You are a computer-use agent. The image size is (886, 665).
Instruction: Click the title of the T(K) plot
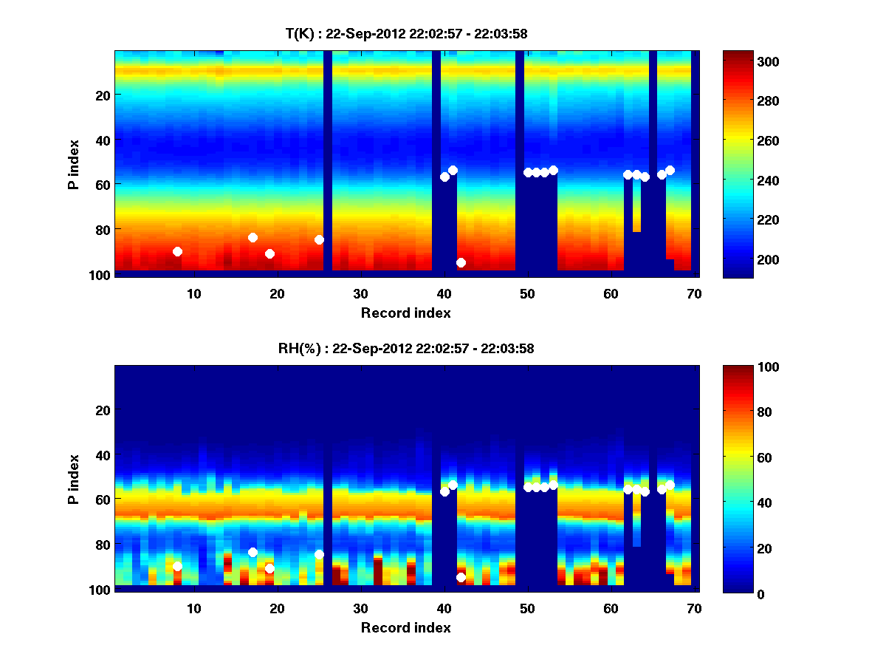point(405,33)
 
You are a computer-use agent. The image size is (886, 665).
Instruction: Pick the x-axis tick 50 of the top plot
point(527,293)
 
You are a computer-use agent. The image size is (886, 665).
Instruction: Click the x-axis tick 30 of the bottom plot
point(360,608)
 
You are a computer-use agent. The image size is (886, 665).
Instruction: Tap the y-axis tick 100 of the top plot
point(100,275)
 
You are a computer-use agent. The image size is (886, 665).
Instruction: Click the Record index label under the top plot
point(405,313)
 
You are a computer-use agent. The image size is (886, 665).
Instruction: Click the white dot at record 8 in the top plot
point(177,251)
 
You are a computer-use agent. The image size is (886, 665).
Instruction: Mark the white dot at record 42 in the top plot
point(461,262)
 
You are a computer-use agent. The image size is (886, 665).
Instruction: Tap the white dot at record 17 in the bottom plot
point(253,552)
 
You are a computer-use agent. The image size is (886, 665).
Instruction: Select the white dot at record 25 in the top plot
point(319,239)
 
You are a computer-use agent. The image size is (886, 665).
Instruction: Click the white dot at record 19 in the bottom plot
point(269,568)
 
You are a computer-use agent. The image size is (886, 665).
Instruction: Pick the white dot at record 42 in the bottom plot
point(461,577)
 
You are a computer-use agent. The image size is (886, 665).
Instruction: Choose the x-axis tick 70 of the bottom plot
point(694,608)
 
